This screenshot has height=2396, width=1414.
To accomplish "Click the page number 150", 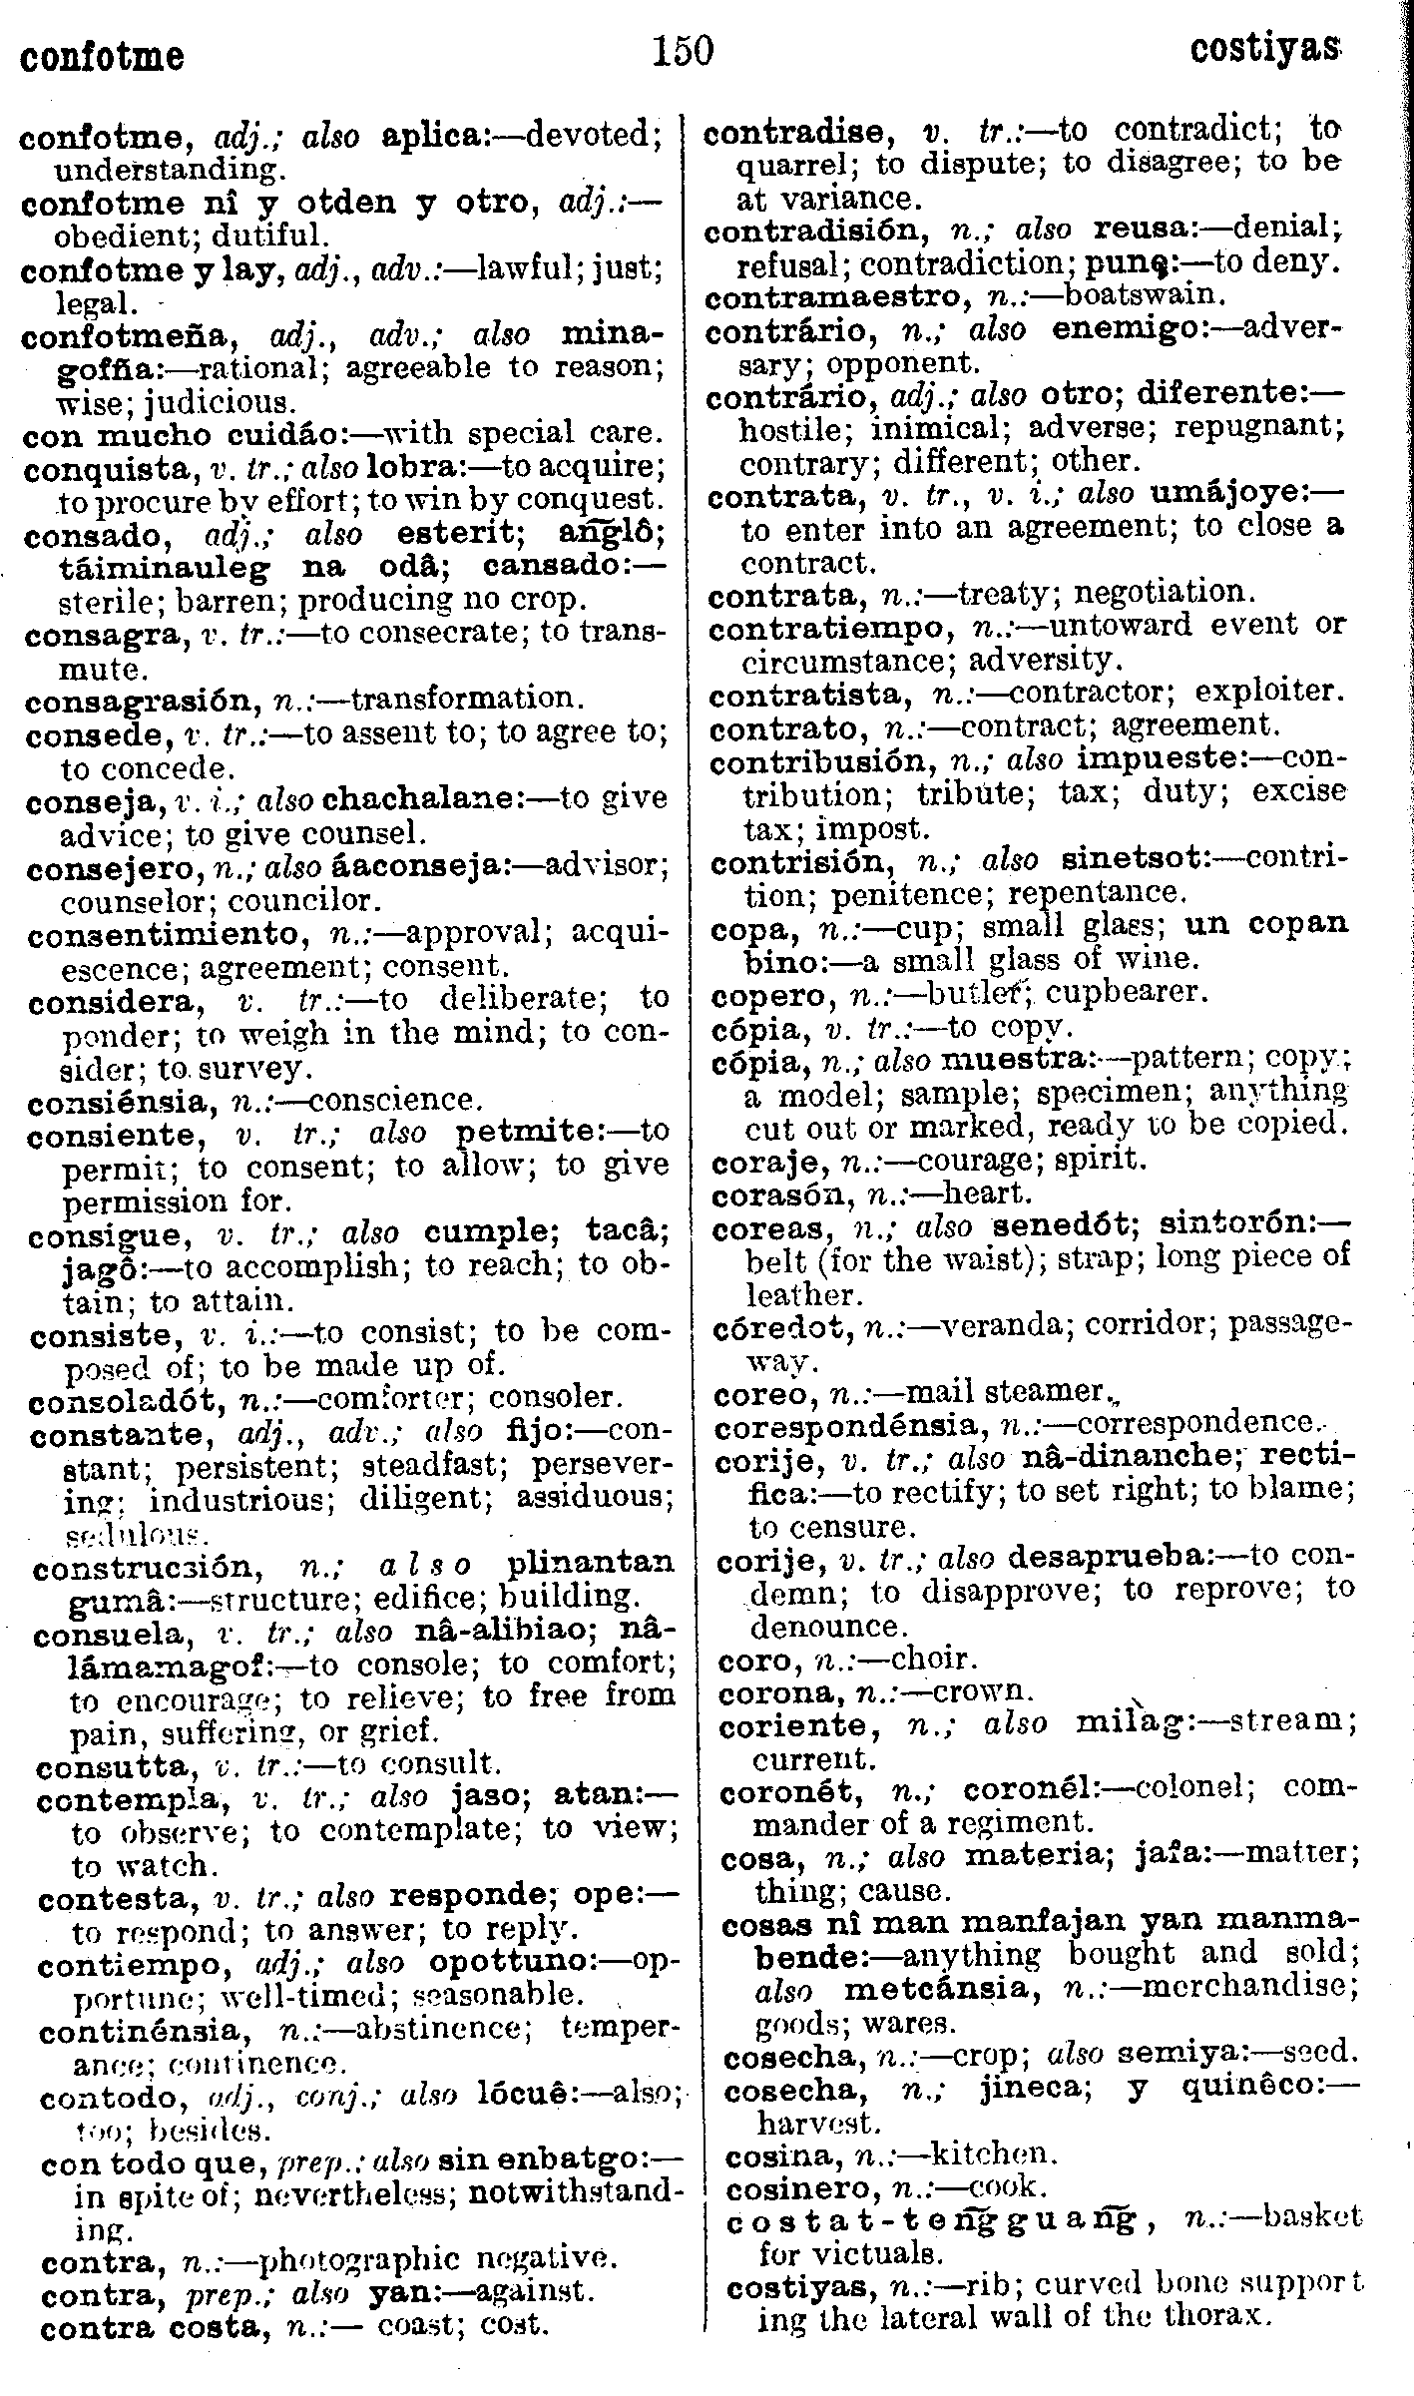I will [683, 50].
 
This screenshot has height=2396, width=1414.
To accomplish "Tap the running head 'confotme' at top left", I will [102, 55].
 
